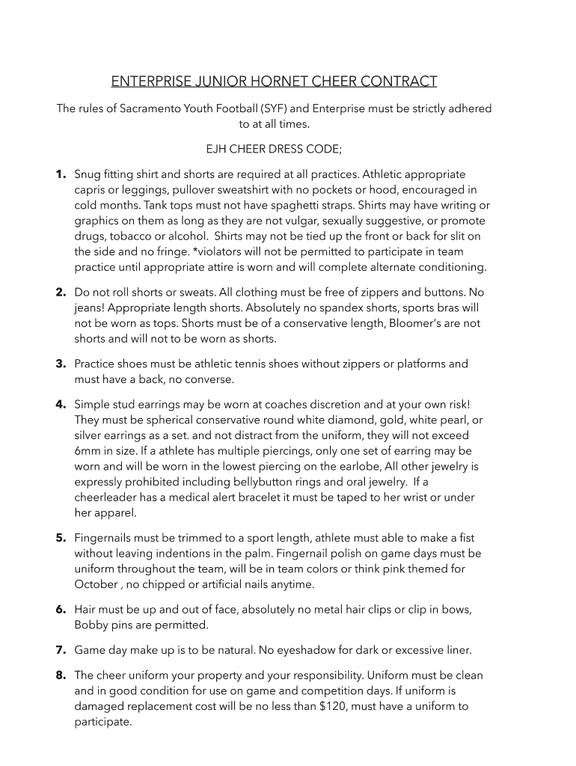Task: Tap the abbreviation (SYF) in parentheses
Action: point(275,108)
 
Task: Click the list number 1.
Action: point(60,174)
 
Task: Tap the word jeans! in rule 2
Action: point(91,307)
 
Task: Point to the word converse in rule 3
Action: point(212,379)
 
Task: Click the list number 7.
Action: point(60,649)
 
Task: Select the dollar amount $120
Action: point(332,706)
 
